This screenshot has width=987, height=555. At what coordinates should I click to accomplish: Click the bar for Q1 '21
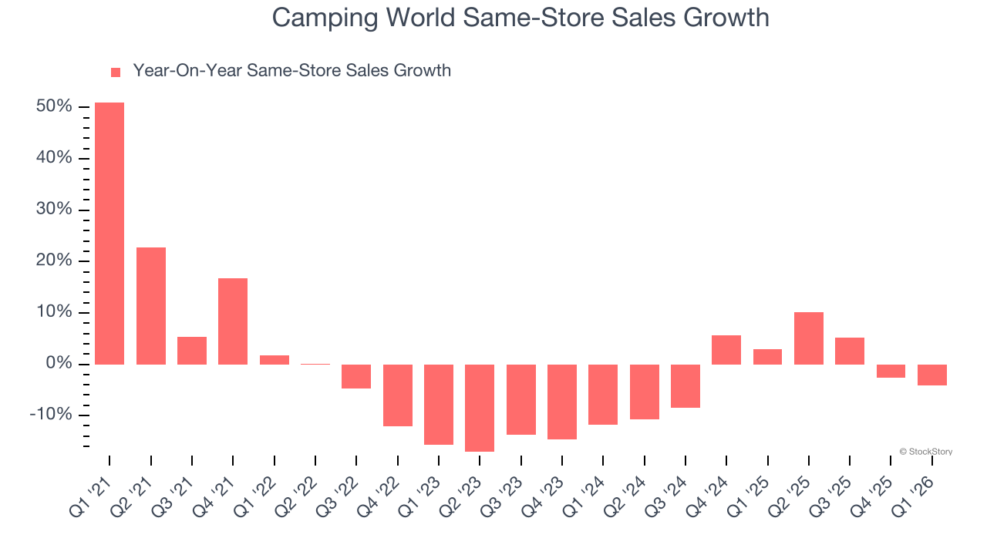pyautogui.click(x=109, y=233)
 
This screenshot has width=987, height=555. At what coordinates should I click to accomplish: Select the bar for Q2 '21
pyautogui.click(x=151, y=305)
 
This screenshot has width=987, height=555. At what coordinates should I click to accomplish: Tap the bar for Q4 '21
pyautogui.click(x=233, y=321)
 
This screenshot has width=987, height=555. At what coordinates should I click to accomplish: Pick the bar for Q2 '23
pyautogui.click(x=480, y=408)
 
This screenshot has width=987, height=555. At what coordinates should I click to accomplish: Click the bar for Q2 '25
pyautogui.click(x=809, y=338)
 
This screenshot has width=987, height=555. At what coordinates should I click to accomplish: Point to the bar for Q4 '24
pyautogui.click(x=726, y=349)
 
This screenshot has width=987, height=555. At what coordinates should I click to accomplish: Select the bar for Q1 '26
pyautogui.click(x=932, y=375)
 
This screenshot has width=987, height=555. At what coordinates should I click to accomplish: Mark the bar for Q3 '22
pyautogui.click(x=356, y=376)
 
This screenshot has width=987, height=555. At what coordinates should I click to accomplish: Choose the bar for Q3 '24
pyautogui.click(x=686, y=385)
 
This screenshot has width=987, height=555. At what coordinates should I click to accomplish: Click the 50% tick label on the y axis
pyautogui.click(x=54, y=106)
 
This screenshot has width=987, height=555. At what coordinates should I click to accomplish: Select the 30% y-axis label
pyautogui.click(x=54, y=210)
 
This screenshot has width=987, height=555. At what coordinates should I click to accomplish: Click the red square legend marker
pyautogui.click(x=116, y=72)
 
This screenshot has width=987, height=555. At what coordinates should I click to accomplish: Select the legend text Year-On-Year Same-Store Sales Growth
pyautogui.click(x=291, y=71)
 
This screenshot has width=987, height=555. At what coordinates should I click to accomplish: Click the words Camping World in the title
pyautogui.click(x=362, y=17)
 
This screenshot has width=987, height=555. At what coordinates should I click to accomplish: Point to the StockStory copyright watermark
pyautogui.click(x=925, y=452)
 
